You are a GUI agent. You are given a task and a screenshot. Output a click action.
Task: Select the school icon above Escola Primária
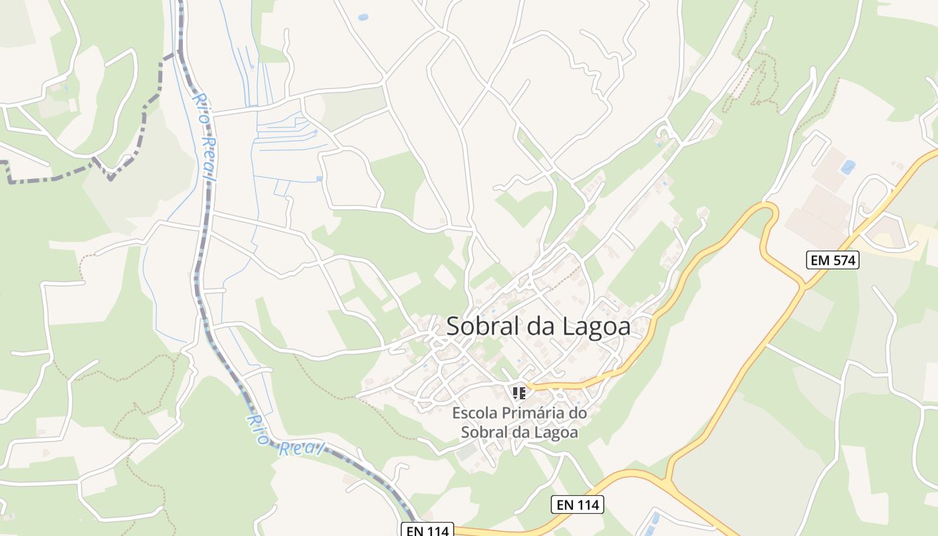[518, 393]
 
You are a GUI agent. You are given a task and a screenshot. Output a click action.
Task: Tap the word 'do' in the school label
[578, 413]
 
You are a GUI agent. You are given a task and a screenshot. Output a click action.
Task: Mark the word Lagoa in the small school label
[555, 432]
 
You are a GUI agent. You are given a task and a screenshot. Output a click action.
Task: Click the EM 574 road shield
[832, 261]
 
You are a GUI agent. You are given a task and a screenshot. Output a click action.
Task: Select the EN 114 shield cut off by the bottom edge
[427, 530]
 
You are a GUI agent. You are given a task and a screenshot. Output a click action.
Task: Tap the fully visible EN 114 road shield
[578, 505]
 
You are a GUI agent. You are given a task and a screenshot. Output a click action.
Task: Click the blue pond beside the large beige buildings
[848, 167]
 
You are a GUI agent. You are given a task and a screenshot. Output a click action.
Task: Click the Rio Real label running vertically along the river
[205, 137]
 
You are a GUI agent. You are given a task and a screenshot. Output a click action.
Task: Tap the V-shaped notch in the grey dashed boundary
[109, 176]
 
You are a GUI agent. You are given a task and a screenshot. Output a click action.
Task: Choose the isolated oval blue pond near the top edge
[363, 17]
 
